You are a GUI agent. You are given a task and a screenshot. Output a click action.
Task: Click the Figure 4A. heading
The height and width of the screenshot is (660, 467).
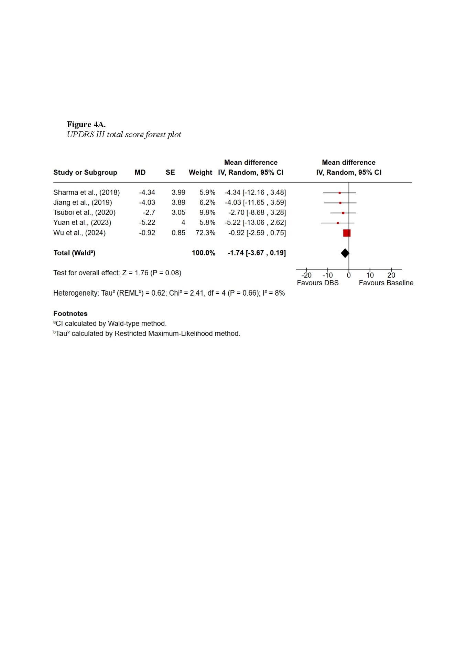point(86,124)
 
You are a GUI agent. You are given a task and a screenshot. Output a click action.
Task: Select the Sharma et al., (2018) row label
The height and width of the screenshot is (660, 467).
point(86,192)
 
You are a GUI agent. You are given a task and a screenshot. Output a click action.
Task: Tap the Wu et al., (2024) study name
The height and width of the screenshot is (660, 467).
point(79,233)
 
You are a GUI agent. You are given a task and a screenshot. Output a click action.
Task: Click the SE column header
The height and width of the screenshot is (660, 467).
point(170,172)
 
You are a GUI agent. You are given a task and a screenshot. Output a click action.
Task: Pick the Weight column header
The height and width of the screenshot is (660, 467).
point(200,172)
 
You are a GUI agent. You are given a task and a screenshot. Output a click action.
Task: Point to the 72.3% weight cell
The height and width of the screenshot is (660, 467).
point(205,233)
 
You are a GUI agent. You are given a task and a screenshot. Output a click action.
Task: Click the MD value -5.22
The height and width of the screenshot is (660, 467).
point(147,222)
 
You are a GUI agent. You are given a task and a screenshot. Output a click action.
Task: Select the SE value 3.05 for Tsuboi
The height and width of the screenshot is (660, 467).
point(178,212)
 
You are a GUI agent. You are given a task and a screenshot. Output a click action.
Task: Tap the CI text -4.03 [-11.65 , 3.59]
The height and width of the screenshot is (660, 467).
point(255,202)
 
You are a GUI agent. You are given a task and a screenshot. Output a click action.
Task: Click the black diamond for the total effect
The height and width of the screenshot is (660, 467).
point(345,253)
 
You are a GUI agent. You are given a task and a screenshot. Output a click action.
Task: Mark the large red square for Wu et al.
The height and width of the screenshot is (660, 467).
point(347,233)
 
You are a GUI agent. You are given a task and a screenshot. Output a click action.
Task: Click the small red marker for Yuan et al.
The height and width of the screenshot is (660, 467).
point(338,223)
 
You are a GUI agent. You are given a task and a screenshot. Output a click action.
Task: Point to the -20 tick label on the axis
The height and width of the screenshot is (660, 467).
point(306,275)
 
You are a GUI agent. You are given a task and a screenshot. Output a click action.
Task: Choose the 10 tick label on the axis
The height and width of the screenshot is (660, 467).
point(370,275)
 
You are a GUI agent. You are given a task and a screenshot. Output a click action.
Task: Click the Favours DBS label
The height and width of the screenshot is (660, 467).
point(318,283)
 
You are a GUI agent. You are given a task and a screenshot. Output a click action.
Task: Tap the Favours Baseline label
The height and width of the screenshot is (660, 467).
point(386,283)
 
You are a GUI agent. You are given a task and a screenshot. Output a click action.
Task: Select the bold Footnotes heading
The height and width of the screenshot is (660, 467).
point(70,313)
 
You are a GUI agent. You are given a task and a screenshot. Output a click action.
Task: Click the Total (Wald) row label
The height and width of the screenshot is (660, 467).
point(74,253)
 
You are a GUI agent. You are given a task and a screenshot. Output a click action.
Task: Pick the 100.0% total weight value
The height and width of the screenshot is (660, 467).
point(204,253)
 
